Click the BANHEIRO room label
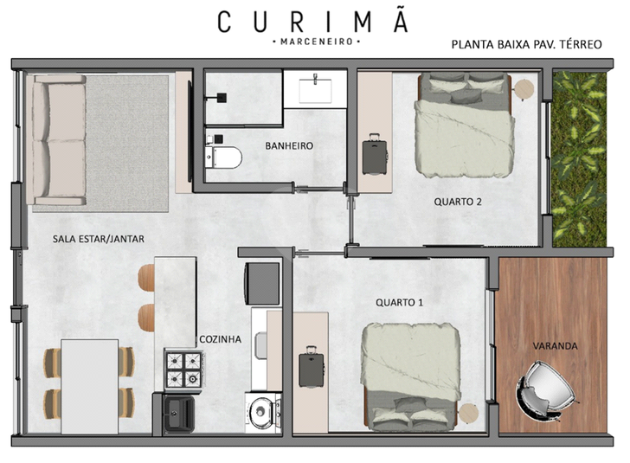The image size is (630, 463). coord(289,145)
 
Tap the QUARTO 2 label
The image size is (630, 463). coord(458,202)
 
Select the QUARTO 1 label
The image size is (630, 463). coord(400,302)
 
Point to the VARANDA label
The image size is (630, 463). coord(555,345)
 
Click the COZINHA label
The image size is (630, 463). coord(220,339)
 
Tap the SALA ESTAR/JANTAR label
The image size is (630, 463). coord(99,239)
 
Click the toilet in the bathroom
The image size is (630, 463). coord(223,158)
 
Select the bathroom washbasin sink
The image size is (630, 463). coord(315,90)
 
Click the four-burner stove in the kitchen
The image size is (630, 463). coord(184,370)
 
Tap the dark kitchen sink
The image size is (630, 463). coord(179,414)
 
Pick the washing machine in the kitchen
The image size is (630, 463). coord(263,413)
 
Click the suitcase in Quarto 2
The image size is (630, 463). coord(375,154)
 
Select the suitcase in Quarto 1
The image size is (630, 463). coord(311,366)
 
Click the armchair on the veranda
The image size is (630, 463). coord(545,389)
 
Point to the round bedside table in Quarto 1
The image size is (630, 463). coord(468,414)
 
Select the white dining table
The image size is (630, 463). coord(90,387)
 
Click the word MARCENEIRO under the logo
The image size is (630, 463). coord(316,42)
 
